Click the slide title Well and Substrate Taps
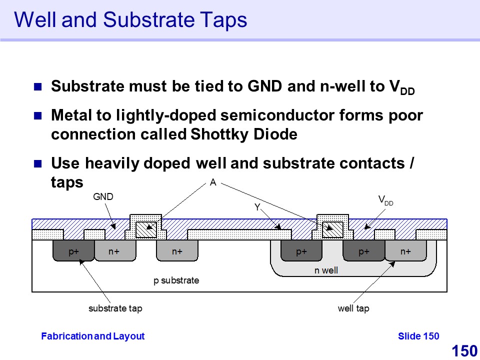[130, 20]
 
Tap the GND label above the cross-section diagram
[103, 197]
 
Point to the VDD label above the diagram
[385, 200]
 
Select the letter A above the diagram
[213, 183]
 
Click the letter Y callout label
[257, 207]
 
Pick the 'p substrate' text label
[176, 280]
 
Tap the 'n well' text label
[326, 270]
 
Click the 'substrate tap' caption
[115, 308]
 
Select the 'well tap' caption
[353, 308]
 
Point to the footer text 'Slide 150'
[418, 336]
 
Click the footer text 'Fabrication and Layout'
[92, 336]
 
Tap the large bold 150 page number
[464, 351]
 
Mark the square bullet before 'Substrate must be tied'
[38, 86]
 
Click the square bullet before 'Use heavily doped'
[38, 163]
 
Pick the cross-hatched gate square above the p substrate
[146, 229]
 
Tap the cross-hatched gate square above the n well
[333, 229]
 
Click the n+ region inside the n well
[405, 251]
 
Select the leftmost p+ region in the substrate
[73, 251]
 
